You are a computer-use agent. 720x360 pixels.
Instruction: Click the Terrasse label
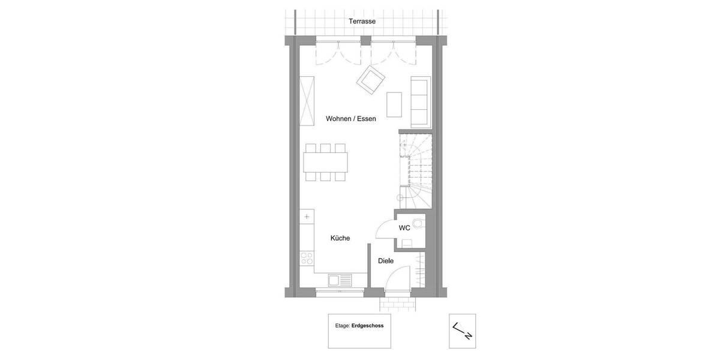[362, 22]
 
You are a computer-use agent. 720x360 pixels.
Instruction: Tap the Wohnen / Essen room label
[351, 119]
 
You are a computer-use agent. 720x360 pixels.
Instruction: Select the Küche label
[340, 238]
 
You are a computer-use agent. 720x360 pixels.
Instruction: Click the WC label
[404, 228]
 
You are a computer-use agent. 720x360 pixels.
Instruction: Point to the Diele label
[386, 261]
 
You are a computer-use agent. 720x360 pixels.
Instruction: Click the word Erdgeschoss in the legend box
[367, 326]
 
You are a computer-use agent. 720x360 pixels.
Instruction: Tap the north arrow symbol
[462, 331]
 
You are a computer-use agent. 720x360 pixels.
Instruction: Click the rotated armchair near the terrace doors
[371, 80]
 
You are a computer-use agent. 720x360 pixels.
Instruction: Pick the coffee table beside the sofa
[394, 104]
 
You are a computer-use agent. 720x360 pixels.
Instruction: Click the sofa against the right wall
[421, 101]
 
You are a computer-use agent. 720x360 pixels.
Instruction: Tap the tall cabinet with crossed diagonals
[307, 101]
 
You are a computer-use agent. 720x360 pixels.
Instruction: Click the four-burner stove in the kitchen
[307, 258]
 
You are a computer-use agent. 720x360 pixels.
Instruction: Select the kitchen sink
[340, 280]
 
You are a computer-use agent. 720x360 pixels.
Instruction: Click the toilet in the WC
[419, 224]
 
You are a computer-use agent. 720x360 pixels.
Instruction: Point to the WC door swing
[385, 230]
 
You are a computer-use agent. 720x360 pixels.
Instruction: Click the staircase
[415, 171]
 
